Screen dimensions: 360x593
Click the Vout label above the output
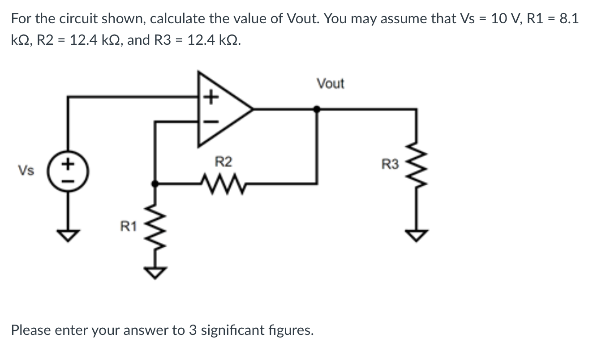coord(330,84)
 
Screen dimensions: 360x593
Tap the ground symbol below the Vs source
coord(68,235)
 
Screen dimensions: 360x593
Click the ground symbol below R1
coord(155,271)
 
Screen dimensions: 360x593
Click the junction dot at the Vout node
coord(317,108)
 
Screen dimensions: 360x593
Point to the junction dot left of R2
coord(155,183)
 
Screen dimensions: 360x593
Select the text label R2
coord(223,162)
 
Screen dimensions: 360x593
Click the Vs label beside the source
coord(25,171)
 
